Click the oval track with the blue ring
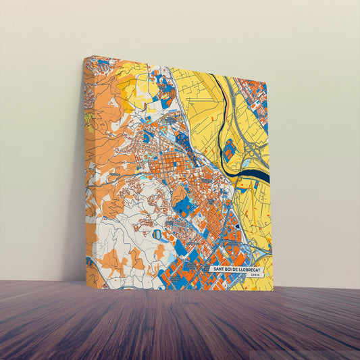click(x=159, y=234)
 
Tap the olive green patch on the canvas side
click(x=88, y=122)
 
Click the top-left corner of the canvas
click(x=84, y=57)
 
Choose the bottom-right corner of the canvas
click(x=274, y=291)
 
